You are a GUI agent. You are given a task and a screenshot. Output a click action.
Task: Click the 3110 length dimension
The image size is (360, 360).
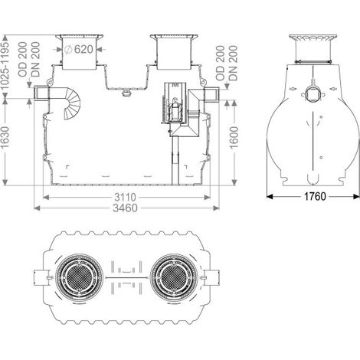125,197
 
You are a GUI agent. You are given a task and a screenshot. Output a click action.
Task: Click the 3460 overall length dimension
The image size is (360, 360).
125,208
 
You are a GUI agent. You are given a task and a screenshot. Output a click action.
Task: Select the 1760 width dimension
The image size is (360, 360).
315,196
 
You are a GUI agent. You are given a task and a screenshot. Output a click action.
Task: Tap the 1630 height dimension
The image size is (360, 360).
5,136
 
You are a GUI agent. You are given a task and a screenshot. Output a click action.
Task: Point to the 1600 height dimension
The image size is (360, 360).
234,137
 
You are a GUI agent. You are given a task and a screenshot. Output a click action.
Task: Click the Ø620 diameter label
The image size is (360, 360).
79,49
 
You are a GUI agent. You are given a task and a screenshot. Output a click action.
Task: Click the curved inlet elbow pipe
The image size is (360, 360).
72,103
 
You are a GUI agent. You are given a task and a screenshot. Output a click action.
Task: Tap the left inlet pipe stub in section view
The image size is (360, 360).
41,93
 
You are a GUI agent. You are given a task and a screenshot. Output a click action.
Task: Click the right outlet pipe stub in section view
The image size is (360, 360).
211,94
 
